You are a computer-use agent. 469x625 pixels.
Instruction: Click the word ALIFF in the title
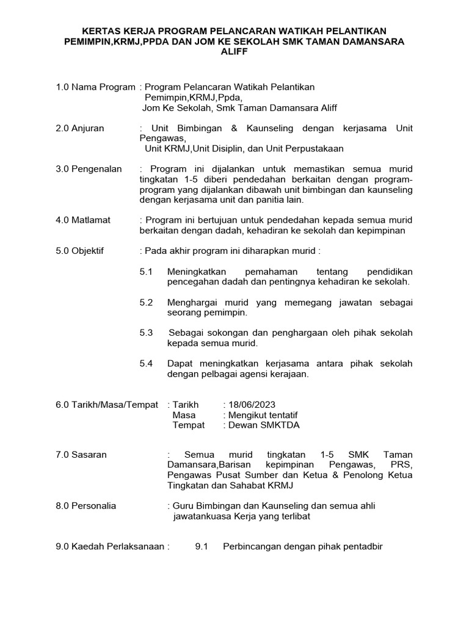click(234, 52)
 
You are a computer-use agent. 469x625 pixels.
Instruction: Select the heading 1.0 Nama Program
click(95, 87)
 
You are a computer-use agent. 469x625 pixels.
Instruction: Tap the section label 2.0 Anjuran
click(80, 128)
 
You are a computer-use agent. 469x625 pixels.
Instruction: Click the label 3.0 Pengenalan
click(89, 169)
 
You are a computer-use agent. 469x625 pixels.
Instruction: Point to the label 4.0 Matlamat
click(83, 220)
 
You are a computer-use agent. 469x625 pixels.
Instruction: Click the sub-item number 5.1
click(146, 271)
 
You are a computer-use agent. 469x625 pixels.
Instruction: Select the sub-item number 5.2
click(146, 302)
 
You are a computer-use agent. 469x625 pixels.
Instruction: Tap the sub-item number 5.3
click(146, 333)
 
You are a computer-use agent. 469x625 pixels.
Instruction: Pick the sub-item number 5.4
click(146, 364)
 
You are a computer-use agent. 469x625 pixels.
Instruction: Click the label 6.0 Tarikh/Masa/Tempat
click(106, 405)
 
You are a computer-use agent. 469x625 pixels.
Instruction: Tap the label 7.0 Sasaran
click(81, 455)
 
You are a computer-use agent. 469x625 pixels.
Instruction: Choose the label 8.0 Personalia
click(85, 506)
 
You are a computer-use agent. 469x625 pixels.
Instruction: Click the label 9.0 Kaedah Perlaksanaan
click(111, 547)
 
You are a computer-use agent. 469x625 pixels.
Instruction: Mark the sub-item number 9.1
click(202, 547)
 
